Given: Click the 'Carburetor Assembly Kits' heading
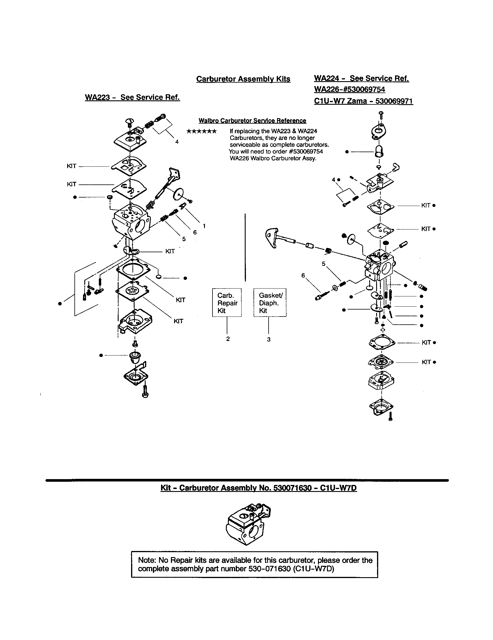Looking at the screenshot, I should click(x=243, y=79).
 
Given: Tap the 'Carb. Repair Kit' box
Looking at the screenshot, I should click(x=227, y=303).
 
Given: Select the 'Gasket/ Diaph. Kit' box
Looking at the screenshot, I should click(x=270, y=303).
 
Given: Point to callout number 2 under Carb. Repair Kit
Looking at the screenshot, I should click(x=228, y=339).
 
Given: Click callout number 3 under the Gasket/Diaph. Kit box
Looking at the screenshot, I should click(x=269, y=339).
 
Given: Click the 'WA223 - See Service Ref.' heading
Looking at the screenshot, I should click(x=132, y=97).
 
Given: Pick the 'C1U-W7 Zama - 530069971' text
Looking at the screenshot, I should click(x=363, y=101).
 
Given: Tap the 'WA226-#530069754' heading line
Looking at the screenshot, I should click(x=350, y=89).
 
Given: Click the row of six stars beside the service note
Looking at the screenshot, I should click(x=202, y=131).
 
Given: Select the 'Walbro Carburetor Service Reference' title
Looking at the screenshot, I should click(x=252, y=121).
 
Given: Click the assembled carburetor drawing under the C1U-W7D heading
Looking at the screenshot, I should click(x=248, y=528).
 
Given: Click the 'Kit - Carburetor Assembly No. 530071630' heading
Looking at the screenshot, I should click(x=258, y=488).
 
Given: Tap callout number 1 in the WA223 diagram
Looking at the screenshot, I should click(x=204, y=226).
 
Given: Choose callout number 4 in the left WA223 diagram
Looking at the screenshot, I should click(x=177, y=142).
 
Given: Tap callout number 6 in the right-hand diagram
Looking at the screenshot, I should click(x=303, y=275).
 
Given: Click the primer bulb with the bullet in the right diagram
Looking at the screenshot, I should click(x=379, y=152).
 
